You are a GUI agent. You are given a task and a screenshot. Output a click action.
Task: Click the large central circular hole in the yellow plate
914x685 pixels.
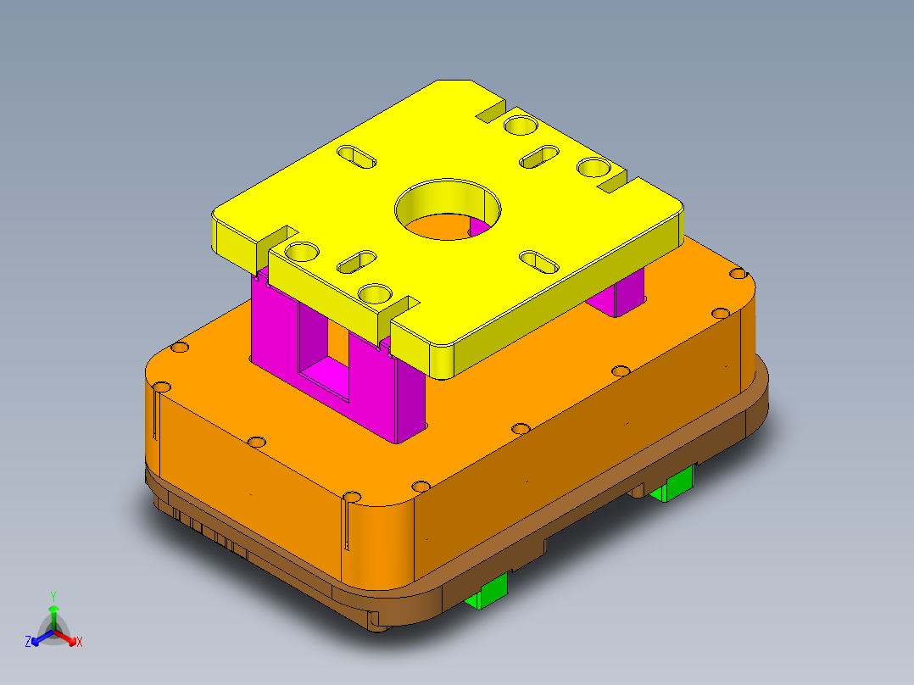448,210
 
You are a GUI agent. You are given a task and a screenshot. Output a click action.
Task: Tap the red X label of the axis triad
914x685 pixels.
80,642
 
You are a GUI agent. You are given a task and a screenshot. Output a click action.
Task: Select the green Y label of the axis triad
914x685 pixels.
53,595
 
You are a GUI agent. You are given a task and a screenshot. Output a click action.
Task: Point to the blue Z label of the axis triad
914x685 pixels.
28,642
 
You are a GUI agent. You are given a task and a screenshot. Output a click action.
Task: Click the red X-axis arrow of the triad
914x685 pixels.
68,637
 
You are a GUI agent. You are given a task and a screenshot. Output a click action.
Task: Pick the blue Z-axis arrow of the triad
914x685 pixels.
39,637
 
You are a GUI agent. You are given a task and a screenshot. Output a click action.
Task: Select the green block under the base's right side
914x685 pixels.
674,486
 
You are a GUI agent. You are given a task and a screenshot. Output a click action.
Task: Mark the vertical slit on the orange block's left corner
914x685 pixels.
157,415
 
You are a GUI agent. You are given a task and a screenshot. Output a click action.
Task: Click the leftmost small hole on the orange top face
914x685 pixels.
178,348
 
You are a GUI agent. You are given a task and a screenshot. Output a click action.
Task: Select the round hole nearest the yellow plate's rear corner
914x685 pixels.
521,126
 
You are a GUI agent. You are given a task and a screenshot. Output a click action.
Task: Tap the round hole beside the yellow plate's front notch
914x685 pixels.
374,294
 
